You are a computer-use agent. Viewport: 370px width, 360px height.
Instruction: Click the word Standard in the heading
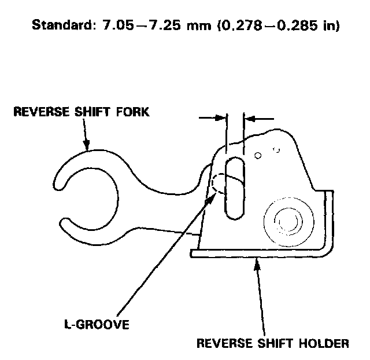tap(60, 26)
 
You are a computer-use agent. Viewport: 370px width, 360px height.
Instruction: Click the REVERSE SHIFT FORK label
tap(81, 112)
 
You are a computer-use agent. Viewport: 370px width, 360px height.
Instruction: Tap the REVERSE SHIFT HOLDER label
tap(273, 343)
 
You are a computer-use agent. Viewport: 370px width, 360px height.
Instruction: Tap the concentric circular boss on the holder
tap(284, 221)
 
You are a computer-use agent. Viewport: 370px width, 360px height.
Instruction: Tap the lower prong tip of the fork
tap(62, 222)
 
